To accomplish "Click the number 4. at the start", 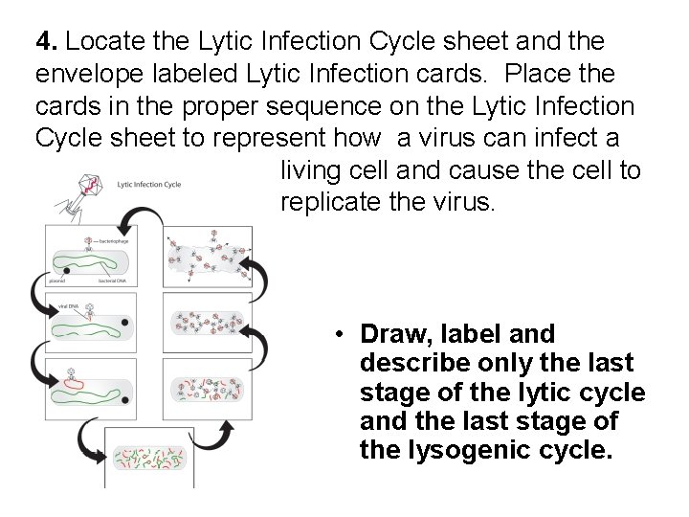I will coord(48,42).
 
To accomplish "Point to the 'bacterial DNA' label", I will coord(114,281).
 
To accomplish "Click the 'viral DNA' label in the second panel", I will coord(67,304).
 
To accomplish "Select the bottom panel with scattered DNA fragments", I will coord(144,461).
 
